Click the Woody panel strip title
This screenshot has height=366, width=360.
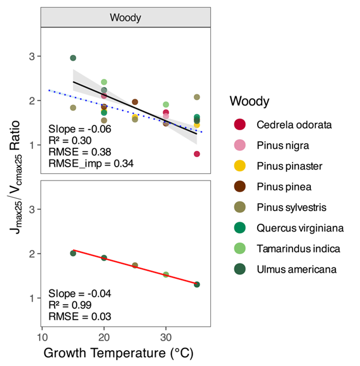(125, 17)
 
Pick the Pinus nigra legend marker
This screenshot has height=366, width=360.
(240, 145)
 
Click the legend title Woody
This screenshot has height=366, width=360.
(250, 101)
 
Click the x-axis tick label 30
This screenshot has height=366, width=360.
(166, 338)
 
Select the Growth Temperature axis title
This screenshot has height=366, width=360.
(118, 353)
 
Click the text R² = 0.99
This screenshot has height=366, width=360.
(71, 305)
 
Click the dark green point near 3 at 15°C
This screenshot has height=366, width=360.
(73, 58)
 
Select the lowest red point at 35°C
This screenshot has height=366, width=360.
(197, 154)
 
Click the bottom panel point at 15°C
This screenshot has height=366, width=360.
(73, 254)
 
